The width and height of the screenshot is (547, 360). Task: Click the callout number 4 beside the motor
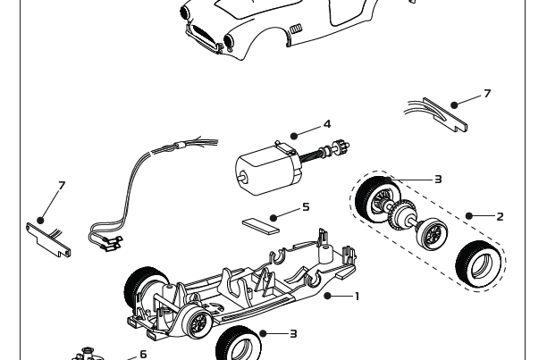[x=327, y=124]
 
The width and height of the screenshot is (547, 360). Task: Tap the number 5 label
[x=306, y=207]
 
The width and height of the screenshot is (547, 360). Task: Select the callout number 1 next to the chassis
[x=357, y=296]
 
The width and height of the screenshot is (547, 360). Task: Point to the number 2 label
[x=500, y=216]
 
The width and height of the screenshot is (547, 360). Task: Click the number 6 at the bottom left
[x=143, y=355]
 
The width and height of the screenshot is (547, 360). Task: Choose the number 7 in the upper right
[x=487, y=94]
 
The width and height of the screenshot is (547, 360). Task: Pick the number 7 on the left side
[x=62, y=186]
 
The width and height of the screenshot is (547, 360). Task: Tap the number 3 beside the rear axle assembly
[x=438, y=180]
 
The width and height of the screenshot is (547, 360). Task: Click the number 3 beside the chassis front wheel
[x=293, y=334]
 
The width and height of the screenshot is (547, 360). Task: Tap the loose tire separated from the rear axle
[x=478, y=264]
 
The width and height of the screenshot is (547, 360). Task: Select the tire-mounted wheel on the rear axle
[x=374, y=199]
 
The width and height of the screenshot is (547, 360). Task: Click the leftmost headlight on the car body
[x=186, y=13]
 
